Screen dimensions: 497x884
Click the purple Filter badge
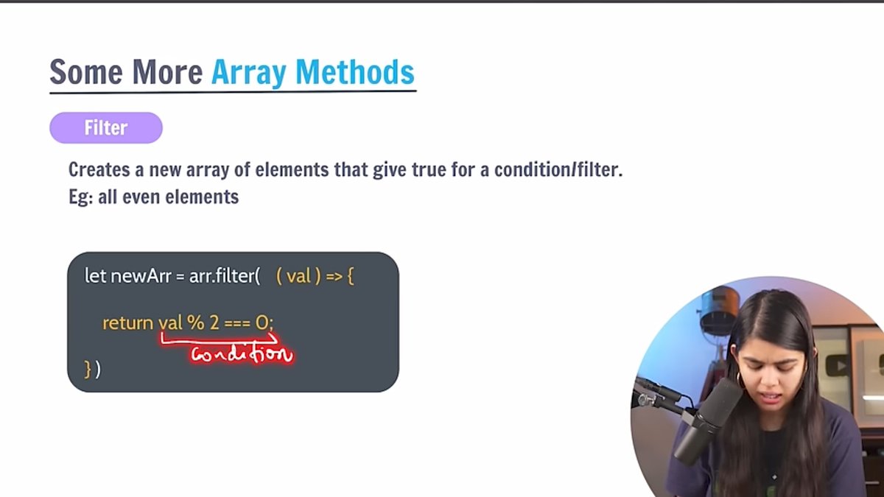[x=106, y=128]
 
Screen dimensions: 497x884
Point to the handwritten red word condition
[x=241, y=354]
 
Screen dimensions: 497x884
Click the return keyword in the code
[x=127, y=322]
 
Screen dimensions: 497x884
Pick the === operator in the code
[x=237, y=322]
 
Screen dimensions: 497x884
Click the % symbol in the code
[x=195, y=322]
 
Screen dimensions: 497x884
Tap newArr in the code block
[x=141, y=277]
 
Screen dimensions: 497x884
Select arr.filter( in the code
[x=222, y=277]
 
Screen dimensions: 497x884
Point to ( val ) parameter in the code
[x=297, y=277]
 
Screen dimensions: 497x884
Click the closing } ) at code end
[x=92, y=368]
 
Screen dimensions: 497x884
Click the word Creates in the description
[x=97, y=169]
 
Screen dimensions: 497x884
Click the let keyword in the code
[x=95, y=277]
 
